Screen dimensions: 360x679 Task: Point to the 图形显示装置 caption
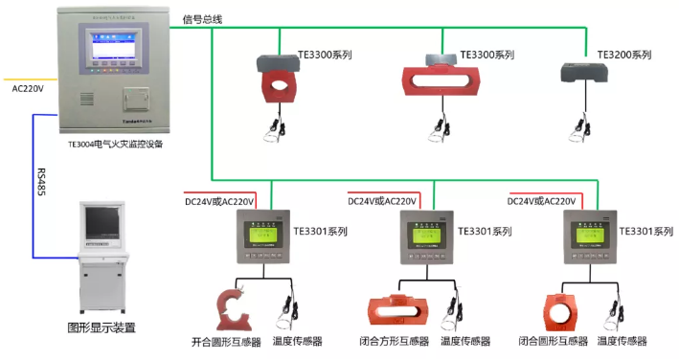101,327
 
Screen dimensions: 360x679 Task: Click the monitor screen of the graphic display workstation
102,222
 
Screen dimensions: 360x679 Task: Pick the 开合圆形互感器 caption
225,341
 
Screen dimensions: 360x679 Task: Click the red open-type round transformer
233,304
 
